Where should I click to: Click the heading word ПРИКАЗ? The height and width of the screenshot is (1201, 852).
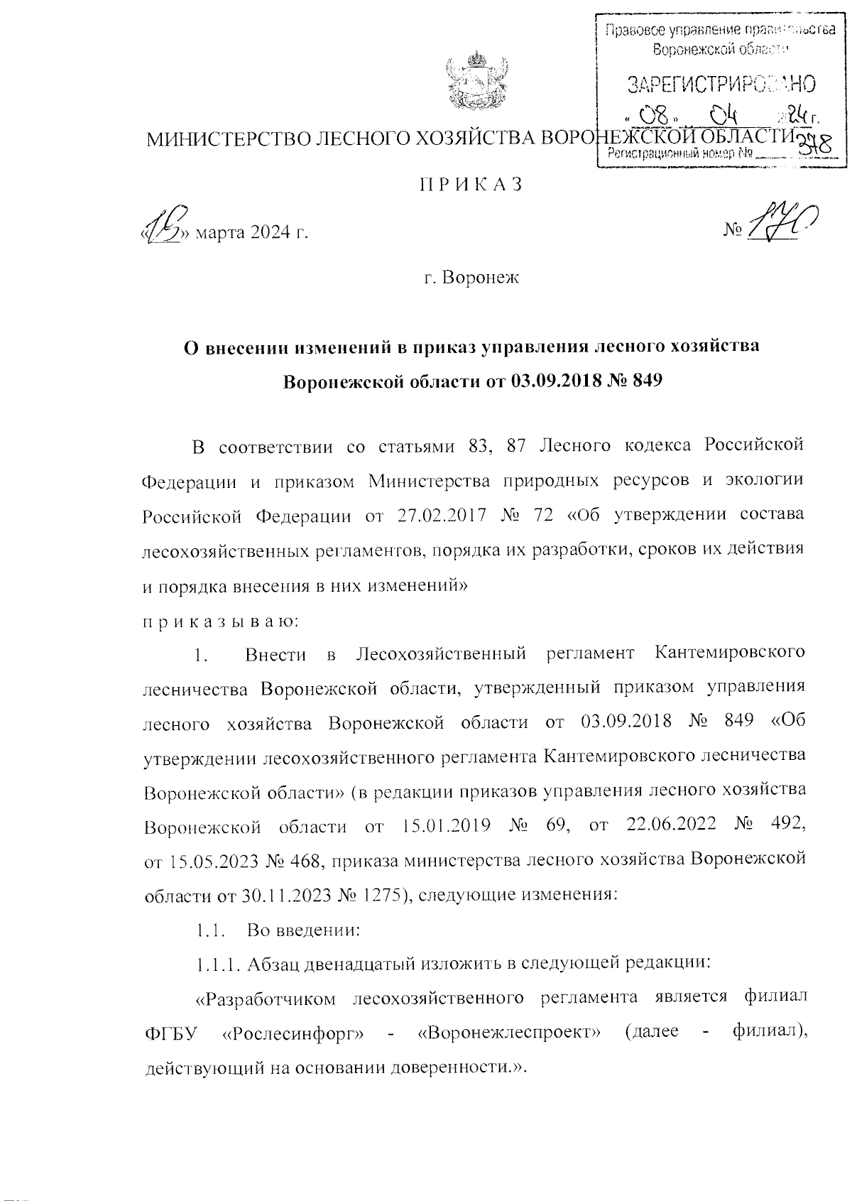click(x=471, y=184)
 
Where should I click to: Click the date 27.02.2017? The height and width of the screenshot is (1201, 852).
click(x=435, y=515)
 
